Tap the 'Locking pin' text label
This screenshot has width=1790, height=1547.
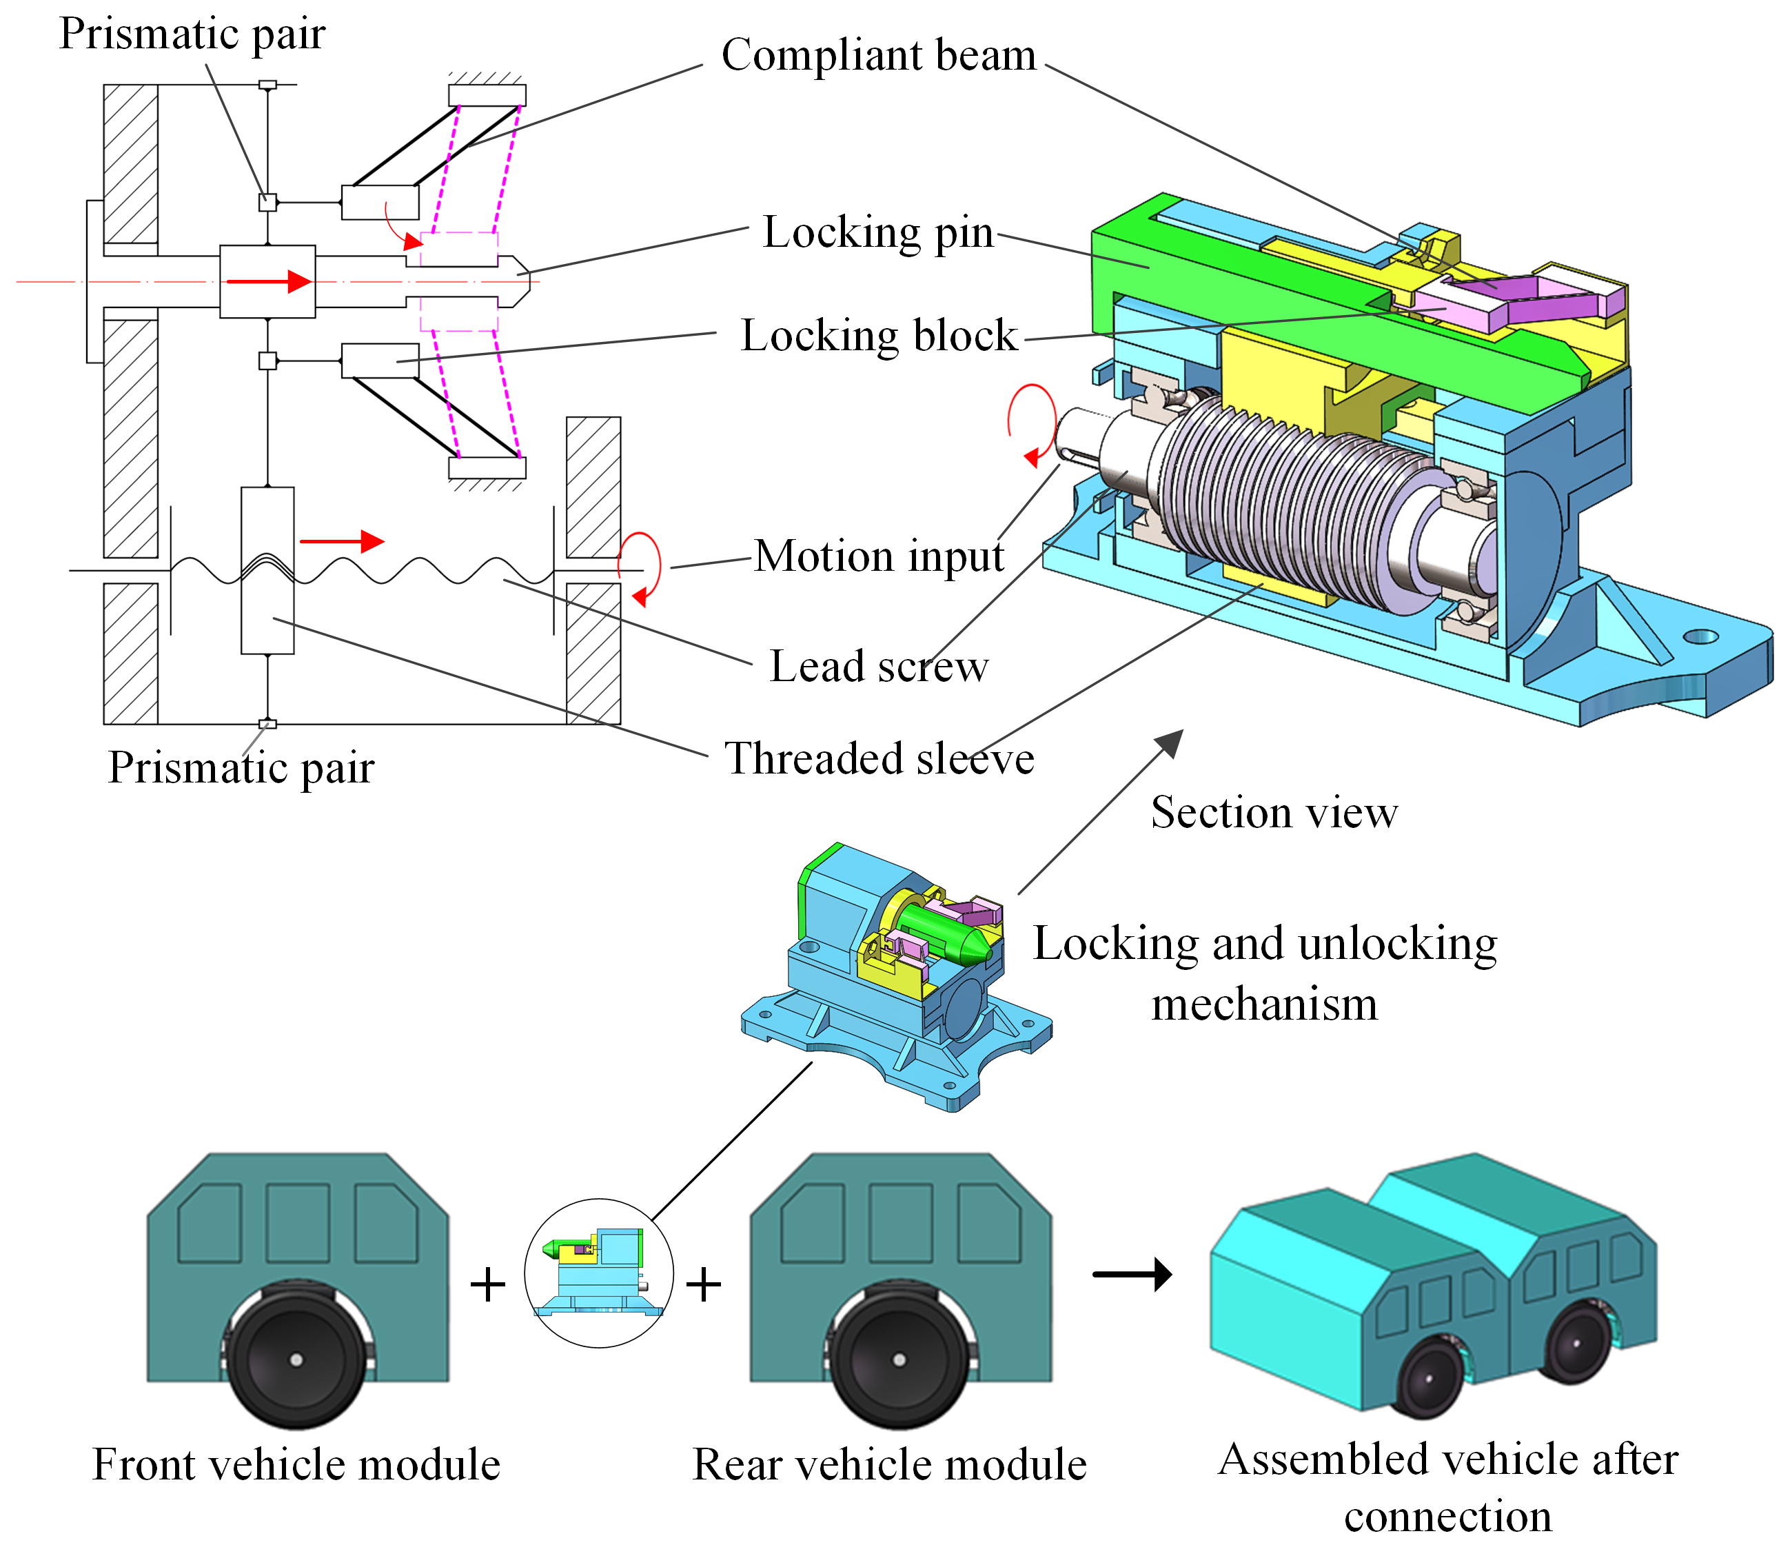877,232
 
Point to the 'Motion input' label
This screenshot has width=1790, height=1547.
879,556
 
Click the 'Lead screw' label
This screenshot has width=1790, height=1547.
879,667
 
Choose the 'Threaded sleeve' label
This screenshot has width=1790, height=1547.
879,759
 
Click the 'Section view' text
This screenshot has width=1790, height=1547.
1273,812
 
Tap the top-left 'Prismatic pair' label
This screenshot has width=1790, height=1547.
192,34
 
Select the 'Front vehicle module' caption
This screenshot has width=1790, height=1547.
296,1464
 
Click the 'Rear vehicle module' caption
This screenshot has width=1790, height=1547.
889,1464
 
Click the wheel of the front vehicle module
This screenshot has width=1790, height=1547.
296,1359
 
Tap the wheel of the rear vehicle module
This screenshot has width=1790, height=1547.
899,1359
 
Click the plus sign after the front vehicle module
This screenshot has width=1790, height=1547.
487,1284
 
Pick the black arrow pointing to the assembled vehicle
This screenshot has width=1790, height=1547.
1132,1274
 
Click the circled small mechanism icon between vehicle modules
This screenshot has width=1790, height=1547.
599,1272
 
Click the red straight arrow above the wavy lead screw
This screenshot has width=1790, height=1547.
341,541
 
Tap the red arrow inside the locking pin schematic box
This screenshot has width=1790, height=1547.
268,281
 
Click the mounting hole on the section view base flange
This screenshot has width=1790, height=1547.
1700,637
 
